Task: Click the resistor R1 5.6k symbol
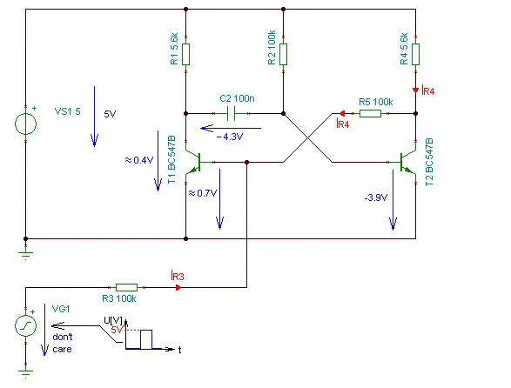point(185,55)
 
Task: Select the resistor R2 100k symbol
point(283,55)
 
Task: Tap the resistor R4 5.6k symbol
point(415,55)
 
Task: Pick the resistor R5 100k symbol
point(370,113)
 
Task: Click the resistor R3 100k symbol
point(126,287)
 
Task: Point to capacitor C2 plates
point(231,113)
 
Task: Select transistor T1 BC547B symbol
point(194,162)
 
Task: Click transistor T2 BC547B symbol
point(407,162)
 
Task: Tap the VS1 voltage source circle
point(26,124)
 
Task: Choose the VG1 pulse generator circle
point(26,325)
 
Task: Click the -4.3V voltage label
point(230,137)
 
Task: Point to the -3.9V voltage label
point(376,197)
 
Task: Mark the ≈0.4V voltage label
point(139,160)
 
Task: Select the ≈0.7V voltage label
point(203,193)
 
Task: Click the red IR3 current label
point(178,276)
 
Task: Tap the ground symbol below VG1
point(26,372)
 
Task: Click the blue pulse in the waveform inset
point(146,339)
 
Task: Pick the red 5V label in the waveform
point(117,330)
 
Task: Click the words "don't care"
point(63,343)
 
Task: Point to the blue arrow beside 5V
point(95,117)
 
